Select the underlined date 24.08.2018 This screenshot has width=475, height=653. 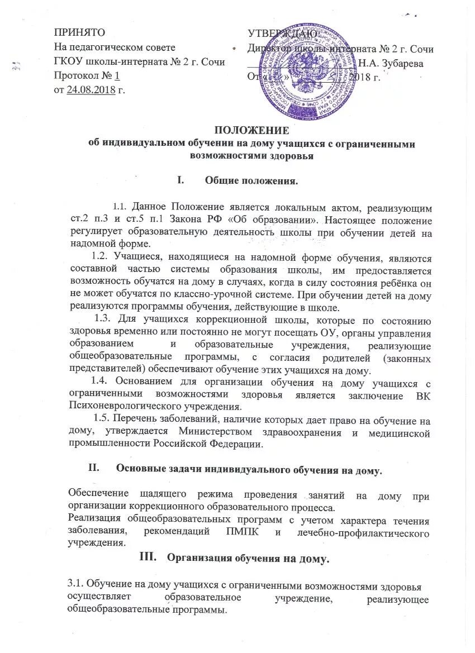pos(91,90)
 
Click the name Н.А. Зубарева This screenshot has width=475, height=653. pos(391,63)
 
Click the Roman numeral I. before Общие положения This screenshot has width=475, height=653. pos(180,180)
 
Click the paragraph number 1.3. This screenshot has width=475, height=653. pos(103,320)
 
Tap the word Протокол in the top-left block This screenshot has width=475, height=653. pos(77,76)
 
